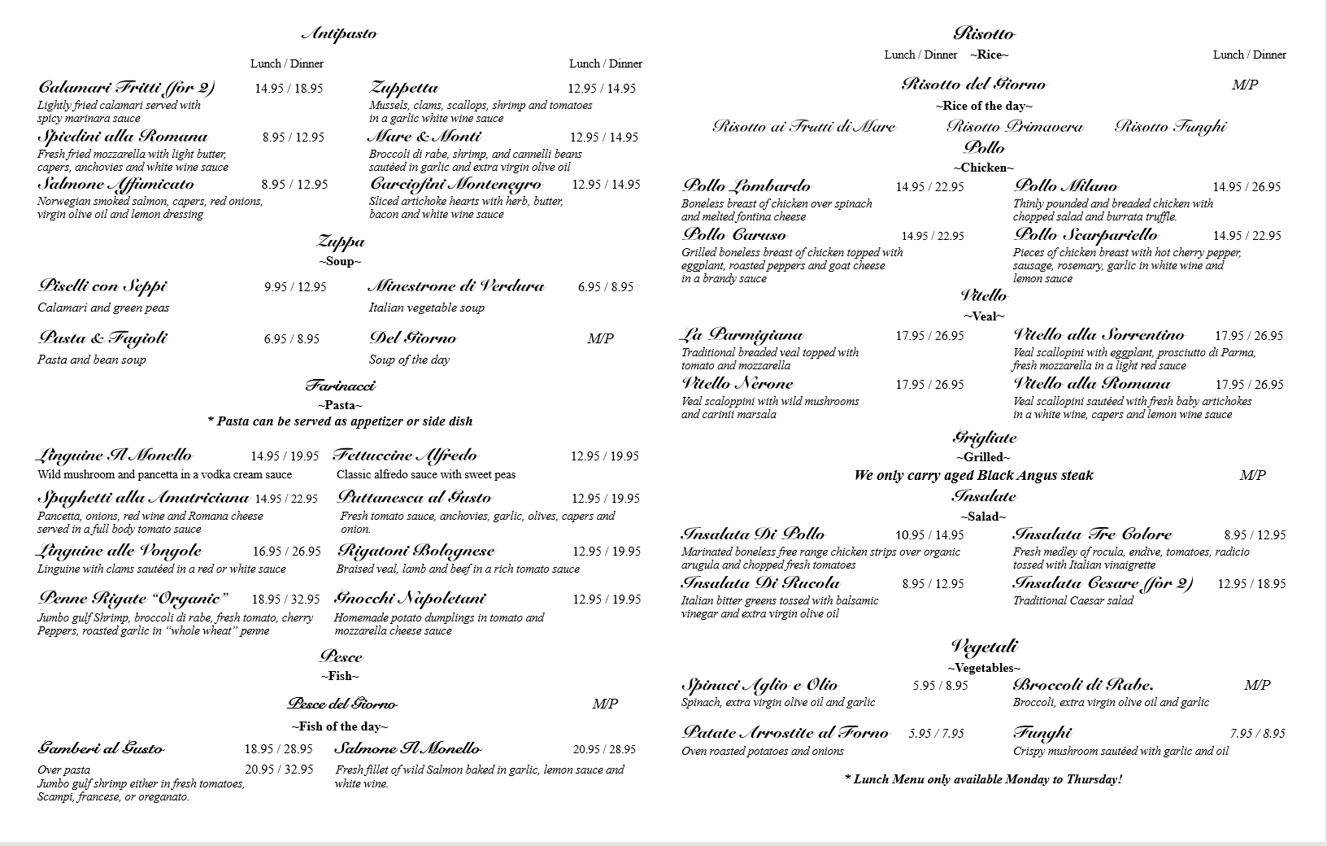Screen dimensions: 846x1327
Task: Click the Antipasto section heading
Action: click(339, 34)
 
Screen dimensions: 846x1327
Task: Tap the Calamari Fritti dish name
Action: click(126, 88)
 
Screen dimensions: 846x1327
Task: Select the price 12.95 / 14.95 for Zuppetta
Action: click(602, 89)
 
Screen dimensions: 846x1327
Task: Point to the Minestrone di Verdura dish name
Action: click(455, 286)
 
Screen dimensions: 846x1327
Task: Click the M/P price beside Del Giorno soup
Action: click(600, 338)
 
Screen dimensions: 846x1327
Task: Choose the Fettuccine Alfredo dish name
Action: click(405, 456)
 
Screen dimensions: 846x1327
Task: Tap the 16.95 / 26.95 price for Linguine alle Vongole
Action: click(286, 552)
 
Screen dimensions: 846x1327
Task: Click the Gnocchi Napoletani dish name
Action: click(410, 599)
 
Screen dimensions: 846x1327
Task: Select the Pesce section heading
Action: click(341, 656)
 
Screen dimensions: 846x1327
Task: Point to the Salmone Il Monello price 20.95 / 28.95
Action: click(604, 749)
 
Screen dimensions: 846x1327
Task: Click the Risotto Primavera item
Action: click(1015, 127)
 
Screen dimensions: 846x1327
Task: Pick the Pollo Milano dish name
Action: click(1065, 186)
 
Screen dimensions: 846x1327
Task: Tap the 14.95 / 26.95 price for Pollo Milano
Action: click(1247, 187)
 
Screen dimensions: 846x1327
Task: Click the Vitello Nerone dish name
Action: click(737, 384)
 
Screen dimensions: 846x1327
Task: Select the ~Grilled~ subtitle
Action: click(984, 457)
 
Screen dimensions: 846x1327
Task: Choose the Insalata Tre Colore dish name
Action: click(1092, 534)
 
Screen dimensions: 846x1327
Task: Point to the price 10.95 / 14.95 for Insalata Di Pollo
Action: click(929, 535)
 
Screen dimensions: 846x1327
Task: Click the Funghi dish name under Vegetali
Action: click(1042, 733)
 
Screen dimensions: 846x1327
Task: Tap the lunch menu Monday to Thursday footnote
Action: click(983, 779)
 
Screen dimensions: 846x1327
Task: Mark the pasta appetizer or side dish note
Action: click(340, 421)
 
